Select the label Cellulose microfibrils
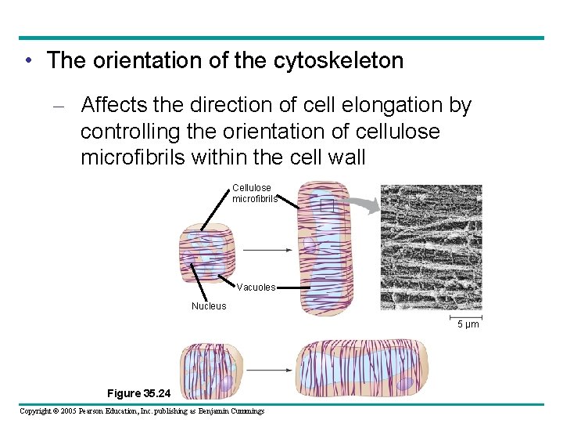(253, 193)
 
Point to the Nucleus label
(209, 306)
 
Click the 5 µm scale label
(468, 324)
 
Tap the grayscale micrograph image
(431, 247)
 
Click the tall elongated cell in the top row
(322, 247)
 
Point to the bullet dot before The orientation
(28, 61)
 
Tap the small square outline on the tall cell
(326, 205)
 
